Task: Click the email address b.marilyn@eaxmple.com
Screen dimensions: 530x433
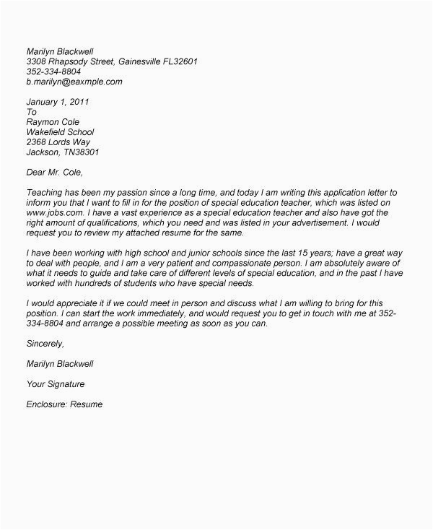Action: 74,82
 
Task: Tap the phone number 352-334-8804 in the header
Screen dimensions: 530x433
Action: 54,72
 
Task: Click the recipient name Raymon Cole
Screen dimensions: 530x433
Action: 53,123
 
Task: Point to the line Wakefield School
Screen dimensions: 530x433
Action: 60,133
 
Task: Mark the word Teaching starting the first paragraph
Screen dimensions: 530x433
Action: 45,194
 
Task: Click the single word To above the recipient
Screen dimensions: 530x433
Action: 31,113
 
